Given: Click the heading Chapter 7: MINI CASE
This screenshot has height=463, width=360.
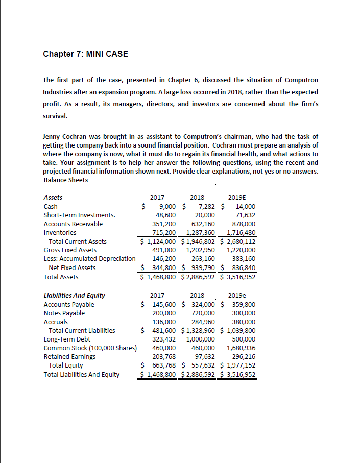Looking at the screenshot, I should pyautogui.click(x=85, y=55).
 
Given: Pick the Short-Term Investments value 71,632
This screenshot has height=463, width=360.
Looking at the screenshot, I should pyautogui.click(x=245, y=215).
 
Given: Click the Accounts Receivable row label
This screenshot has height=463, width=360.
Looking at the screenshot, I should pyautogui.click(x=73, y=224).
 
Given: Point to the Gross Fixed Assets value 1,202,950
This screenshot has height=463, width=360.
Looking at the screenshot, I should pyautogui.click(x=200, y=250).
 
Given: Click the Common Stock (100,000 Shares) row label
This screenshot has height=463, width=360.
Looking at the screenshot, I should pyautogui.click(x=90, y=348).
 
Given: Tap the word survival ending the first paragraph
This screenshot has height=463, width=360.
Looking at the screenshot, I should pyautogui.click(x=56, y=116).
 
